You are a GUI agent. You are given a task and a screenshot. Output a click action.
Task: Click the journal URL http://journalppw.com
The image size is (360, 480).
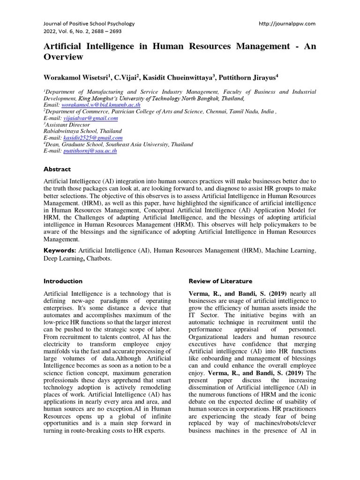[x=287, y=23]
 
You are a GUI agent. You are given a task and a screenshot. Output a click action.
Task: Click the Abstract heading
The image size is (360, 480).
[x=57, y=169]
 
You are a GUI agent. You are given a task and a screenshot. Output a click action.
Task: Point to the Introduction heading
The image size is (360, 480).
[x=63, y=281]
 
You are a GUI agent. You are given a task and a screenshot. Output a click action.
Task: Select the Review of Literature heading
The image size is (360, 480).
[x=220, y=281]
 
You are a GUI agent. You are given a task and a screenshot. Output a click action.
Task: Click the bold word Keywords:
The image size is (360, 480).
[x=60, y=251]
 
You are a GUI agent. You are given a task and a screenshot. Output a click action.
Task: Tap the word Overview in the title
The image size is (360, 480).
[x=63, y=57]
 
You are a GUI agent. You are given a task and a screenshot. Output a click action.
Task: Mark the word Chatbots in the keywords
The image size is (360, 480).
[x=97, y=258]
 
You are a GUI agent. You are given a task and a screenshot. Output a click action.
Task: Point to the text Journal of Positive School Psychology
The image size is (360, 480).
[x=89, y=23]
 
